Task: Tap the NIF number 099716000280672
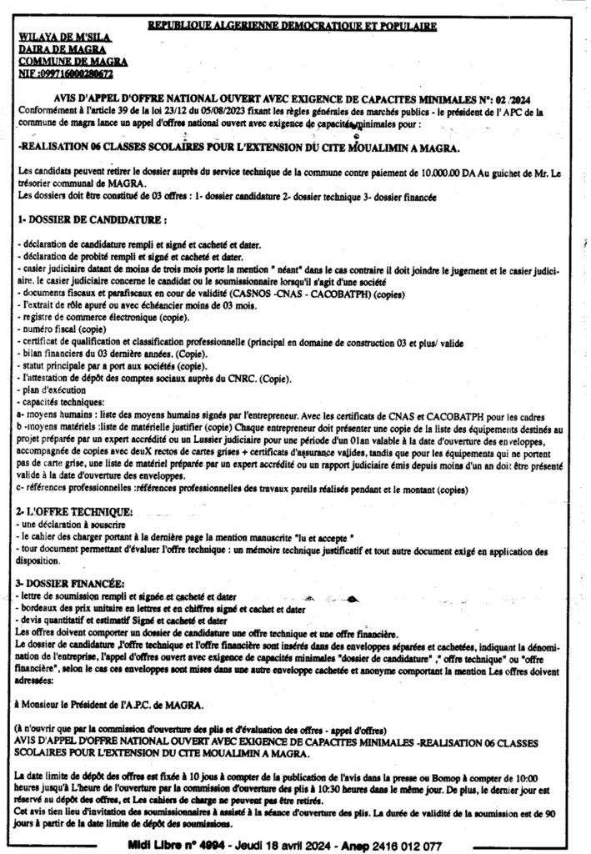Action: point(76,73)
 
